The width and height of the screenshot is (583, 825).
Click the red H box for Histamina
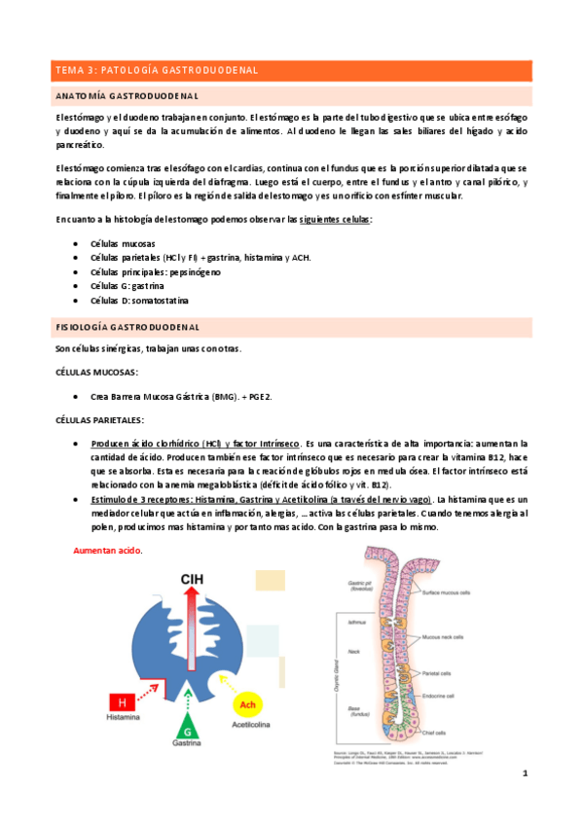[122, 701]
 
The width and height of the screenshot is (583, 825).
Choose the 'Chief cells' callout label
[434, 733]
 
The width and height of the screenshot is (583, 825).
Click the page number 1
[525, 772]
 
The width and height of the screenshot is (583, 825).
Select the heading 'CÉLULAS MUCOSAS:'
[96, 373]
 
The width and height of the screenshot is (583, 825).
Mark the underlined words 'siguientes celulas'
[334, 220]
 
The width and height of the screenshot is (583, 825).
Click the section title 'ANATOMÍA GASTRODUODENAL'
[128, 96]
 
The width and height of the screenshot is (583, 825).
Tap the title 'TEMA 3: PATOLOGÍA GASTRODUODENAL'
[156, 70]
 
